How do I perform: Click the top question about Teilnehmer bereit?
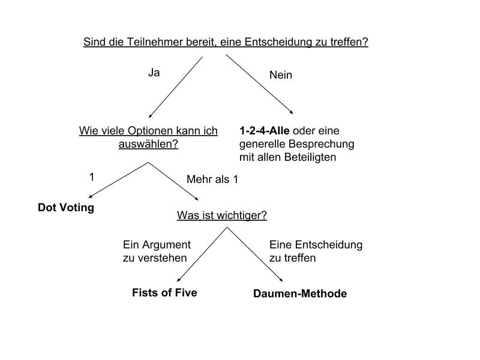[x=225, y=43]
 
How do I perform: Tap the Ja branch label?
[x=154, y=73]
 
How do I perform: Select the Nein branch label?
[x=281, y=75]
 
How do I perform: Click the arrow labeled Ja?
[x=175, y=87]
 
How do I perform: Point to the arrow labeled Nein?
[x=259, y=84]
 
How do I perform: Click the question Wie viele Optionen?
[x=148, y=137]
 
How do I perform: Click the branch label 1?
[x=92, y=177]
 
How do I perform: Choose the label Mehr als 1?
[x=212, y=179]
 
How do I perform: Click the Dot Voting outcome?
[x=66, y=208]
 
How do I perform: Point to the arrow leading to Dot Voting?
[x=119, y=179]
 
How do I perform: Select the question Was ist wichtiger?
[x=222, y=215]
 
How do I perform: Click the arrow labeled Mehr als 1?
[x=174, y=181]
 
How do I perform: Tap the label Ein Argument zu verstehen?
[x=157, y=251]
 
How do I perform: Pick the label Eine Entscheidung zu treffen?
[x=316, y=251]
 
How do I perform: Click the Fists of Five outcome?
[x=164, y=293]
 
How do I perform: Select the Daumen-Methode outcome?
[x=300, y=293]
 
